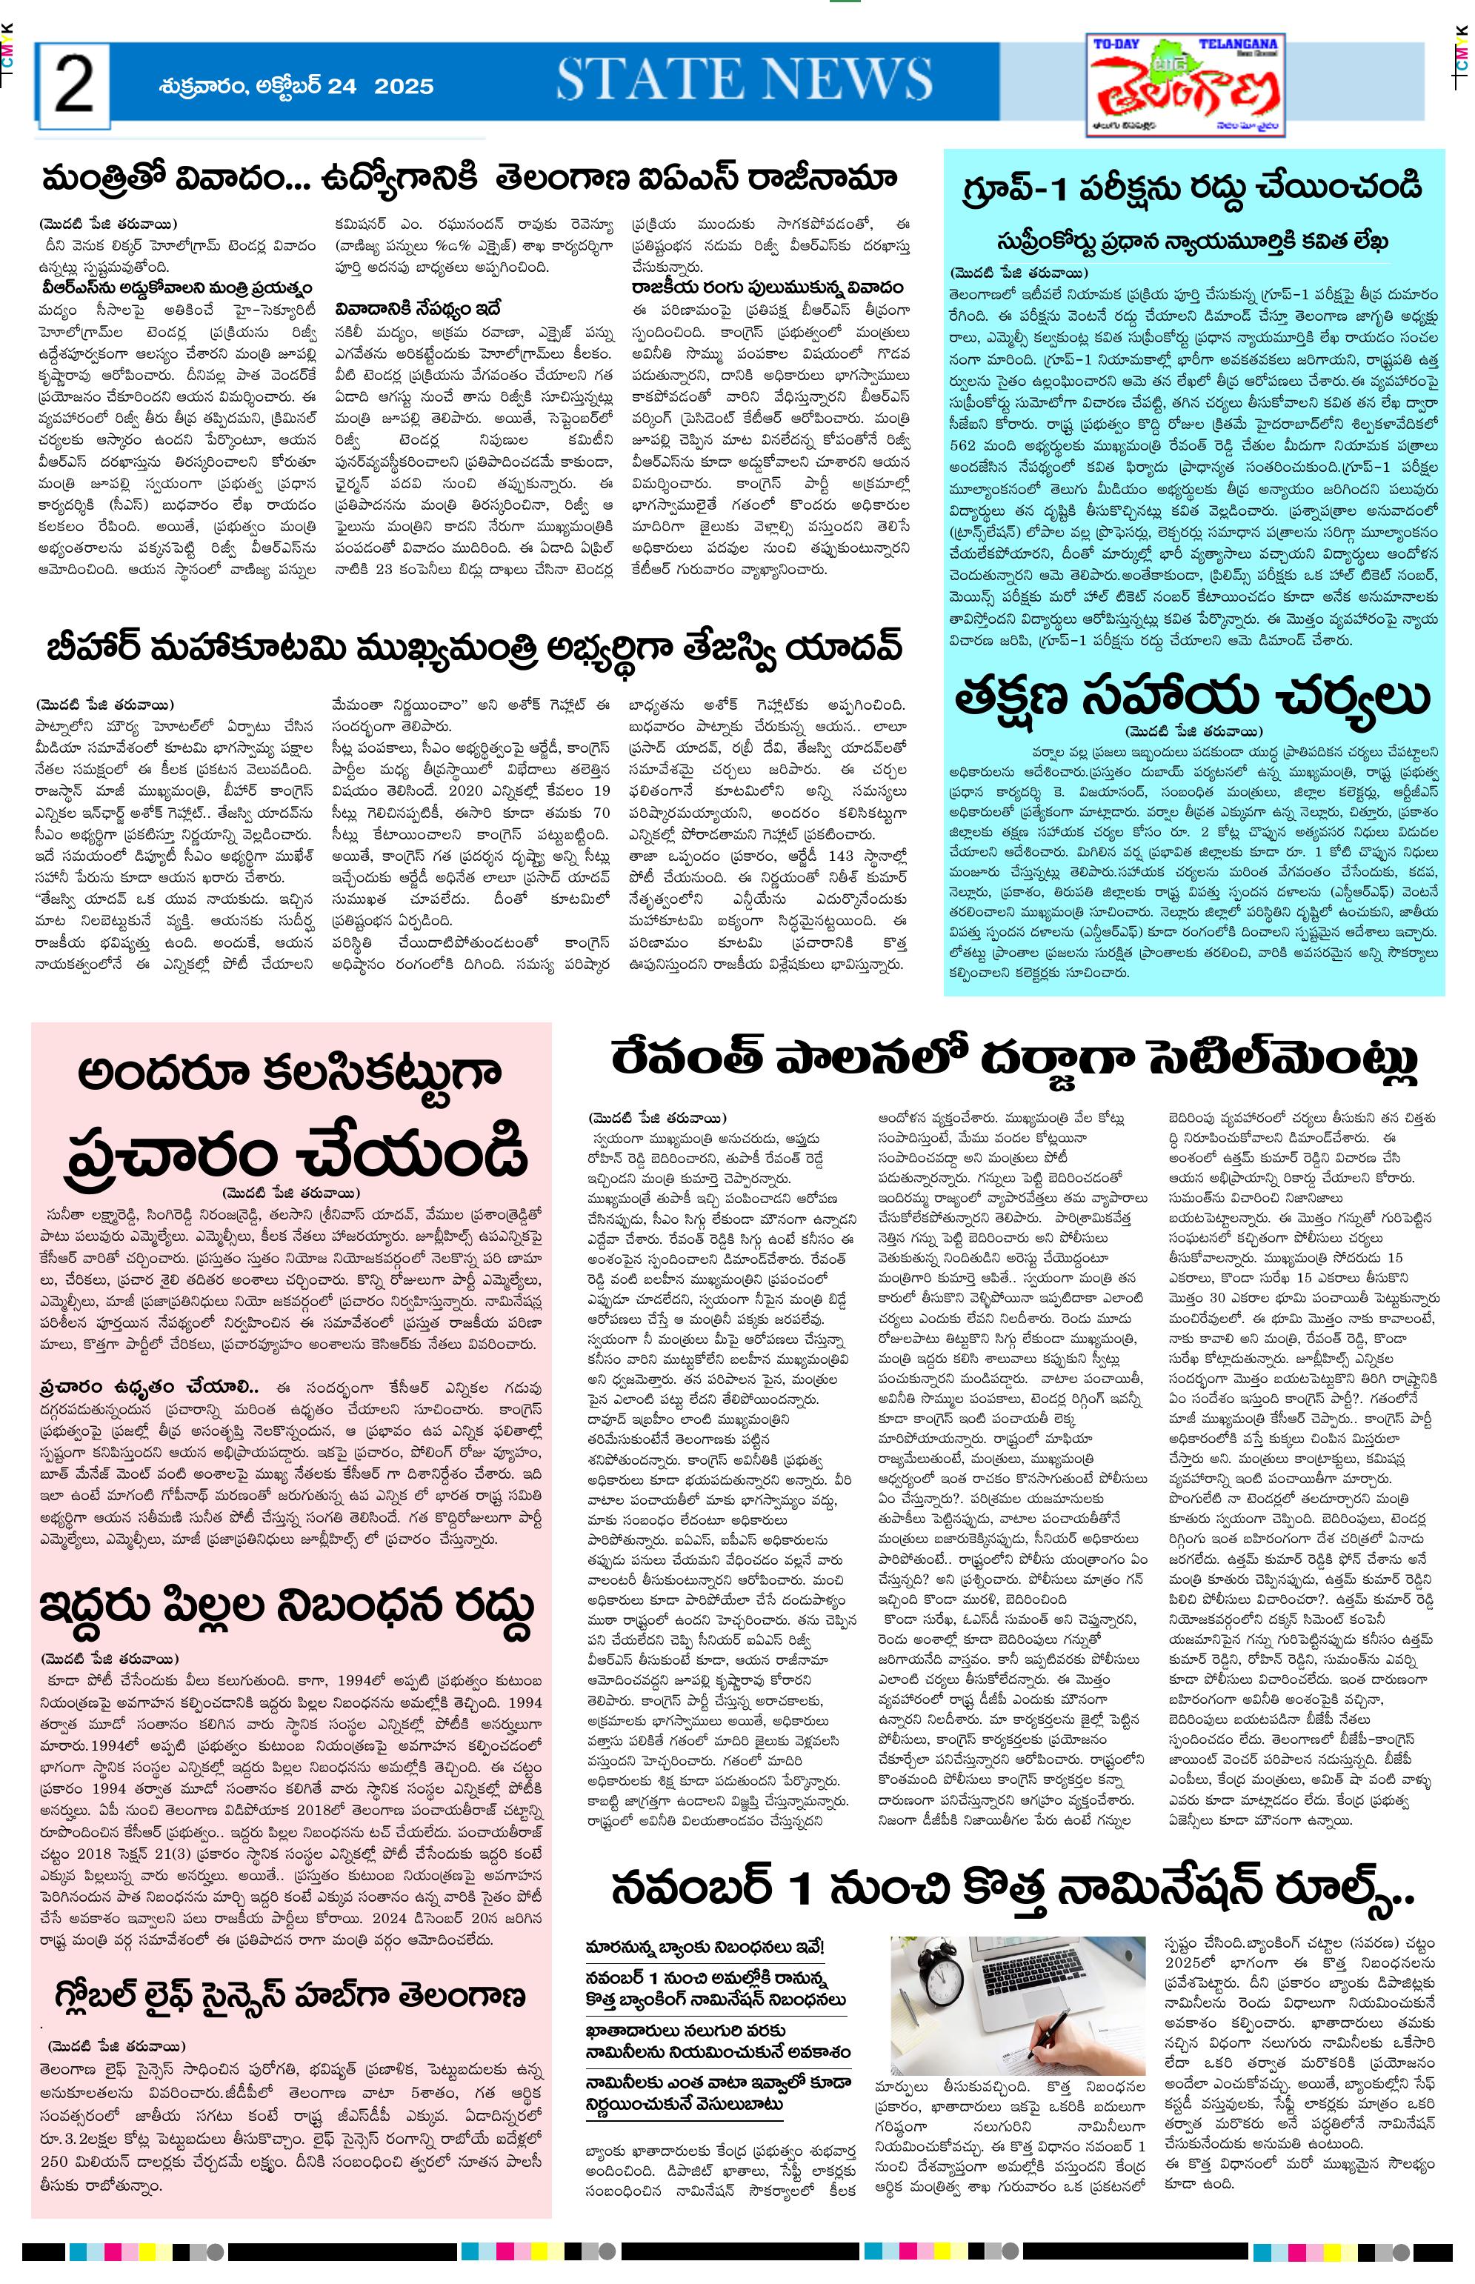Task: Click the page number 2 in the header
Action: pyautogui.click(x=74, y=85)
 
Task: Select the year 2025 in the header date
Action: pyautogui.click(x=403, y=86)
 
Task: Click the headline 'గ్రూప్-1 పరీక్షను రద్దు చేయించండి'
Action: pyautogui.click(x=1193, y=187)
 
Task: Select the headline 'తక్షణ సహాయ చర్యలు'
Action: pyautogui.click(x=1193, y=696)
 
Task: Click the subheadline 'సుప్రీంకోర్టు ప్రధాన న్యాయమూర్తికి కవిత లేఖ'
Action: pyautogui.click(x=1193, y=240)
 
